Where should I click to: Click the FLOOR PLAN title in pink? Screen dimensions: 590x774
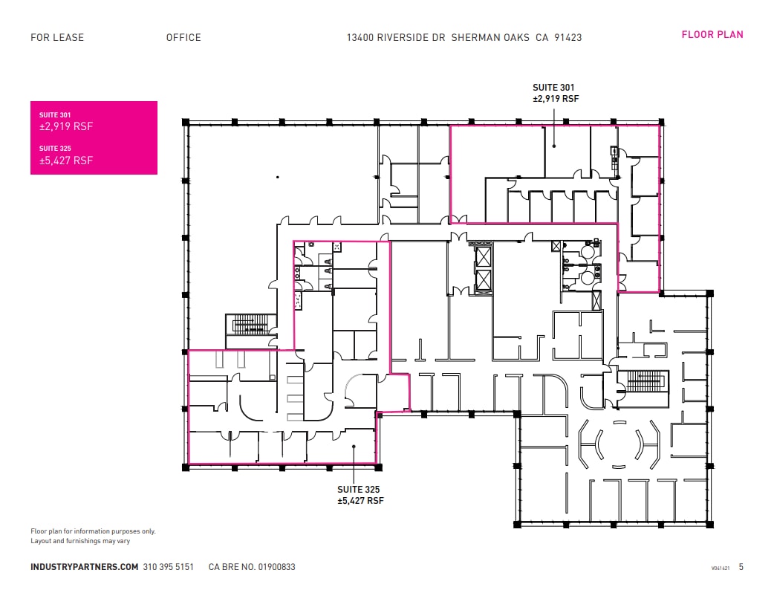point(712,34)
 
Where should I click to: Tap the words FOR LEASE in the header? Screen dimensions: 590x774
point(57,37)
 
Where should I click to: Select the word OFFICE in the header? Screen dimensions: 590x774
point(183,37)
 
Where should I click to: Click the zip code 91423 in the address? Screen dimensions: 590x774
point(568,37)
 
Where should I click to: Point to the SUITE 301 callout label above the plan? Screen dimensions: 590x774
point(554,93)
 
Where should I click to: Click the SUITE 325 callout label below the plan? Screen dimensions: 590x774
point(360,495)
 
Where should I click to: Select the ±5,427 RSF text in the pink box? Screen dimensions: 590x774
point(66,161)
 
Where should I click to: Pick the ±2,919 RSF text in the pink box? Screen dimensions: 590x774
point(66,126)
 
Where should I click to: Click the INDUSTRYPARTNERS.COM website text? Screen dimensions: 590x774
point(84,567)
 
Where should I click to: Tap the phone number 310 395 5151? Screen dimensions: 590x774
point(168,567)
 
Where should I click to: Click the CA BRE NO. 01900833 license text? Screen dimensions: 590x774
point(252,567)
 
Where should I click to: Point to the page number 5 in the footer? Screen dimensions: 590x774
point(741,567)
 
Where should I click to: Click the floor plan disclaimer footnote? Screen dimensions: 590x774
point(93,536)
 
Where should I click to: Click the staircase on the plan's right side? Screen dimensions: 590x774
point(643,381)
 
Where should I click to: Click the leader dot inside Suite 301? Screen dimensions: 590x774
point(554,146)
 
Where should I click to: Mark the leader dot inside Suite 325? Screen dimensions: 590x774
point(354,447)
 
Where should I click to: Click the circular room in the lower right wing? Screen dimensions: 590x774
point(619,444)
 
